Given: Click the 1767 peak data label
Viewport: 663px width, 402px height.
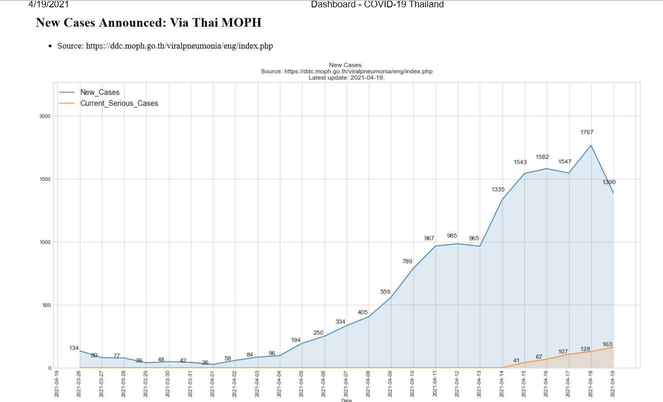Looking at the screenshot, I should point(586,132).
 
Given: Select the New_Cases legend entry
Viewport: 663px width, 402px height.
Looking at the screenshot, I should point(99,92).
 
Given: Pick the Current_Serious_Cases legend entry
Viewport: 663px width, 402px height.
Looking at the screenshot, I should point(119,103).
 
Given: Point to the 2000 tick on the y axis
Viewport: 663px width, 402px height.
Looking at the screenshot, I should point(45,116).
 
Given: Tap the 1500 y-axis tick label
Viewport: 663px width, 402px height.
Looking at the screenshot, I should point(45,179).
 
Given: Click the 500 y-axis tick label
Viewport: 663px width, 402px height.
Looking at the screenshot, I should point(46,305).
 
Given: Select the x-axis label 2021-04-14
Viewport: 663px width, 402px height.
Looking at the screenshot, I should point(502,384).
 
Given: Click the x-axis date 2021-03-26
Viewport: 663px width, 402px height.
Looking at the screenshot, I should point(79,384).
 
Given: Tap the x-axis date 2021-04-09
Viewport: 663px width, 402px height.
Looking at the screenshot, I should point(390,384).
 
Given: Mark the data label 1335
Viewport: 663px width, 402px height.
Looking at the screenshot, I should point(498,190).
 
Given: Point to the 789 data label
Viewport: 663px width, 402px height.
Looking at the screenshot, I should point(407,261).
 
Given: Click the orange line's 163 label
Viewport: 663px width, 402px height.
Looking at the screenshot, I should point(607,344).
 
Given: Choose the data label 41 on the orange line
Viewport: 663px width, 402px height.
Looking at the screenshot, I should point(516,361).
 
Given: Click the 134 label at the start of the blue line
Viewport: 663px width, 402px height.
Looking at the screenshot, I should point(74,348).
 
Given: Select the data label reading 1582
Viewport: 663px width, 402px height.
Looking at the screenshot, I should point(542,157).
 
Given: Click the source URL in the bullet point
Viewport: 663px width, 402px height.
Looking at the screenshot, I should point(179,46).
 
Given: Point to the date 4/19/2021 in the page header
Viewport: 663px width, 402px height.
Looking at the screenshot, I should point(49,5).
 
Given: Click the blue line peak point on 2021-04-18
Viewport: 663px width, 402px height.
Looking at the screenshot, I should point(591,146).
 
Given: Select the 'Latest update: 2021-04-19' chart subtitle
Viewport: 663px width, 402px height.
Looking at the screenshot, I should point(346,78).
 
